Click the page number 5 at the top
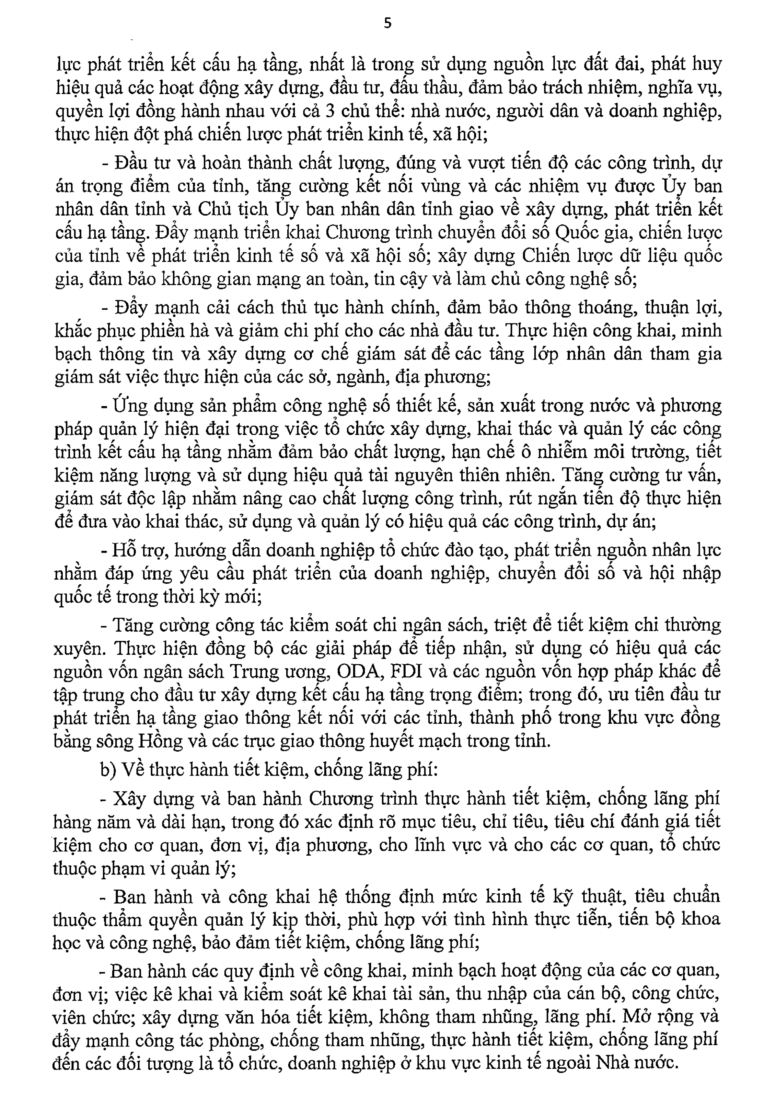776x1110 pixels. (x=387, y=23)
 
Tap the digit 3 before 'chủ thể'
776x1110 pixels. (x=331, y=111)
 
